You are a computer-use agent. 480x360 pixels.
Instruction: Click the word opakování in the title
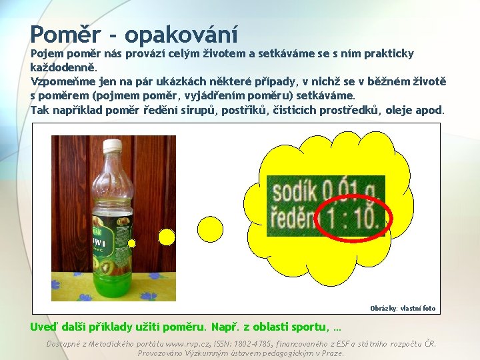(181, 33)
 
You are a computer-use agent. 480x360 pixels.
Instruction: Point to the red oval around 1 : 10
(349, 217)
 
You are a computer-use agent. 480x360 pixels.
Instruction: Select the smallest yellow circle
(132, 243)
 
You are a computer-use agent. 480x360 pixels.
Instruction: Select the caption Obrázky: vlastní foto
(403, 308)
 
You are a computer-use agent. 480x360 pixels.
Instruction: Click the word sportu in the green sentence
(307, 327)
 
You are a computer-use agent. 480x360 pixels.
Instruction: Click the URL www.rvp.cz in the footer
(193, 344)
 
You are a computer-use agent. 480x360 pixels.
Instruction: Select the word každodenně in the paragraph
(63, 67)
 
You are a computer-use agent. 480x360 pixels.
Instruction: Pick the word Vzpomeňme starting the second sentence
(64, 81)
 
